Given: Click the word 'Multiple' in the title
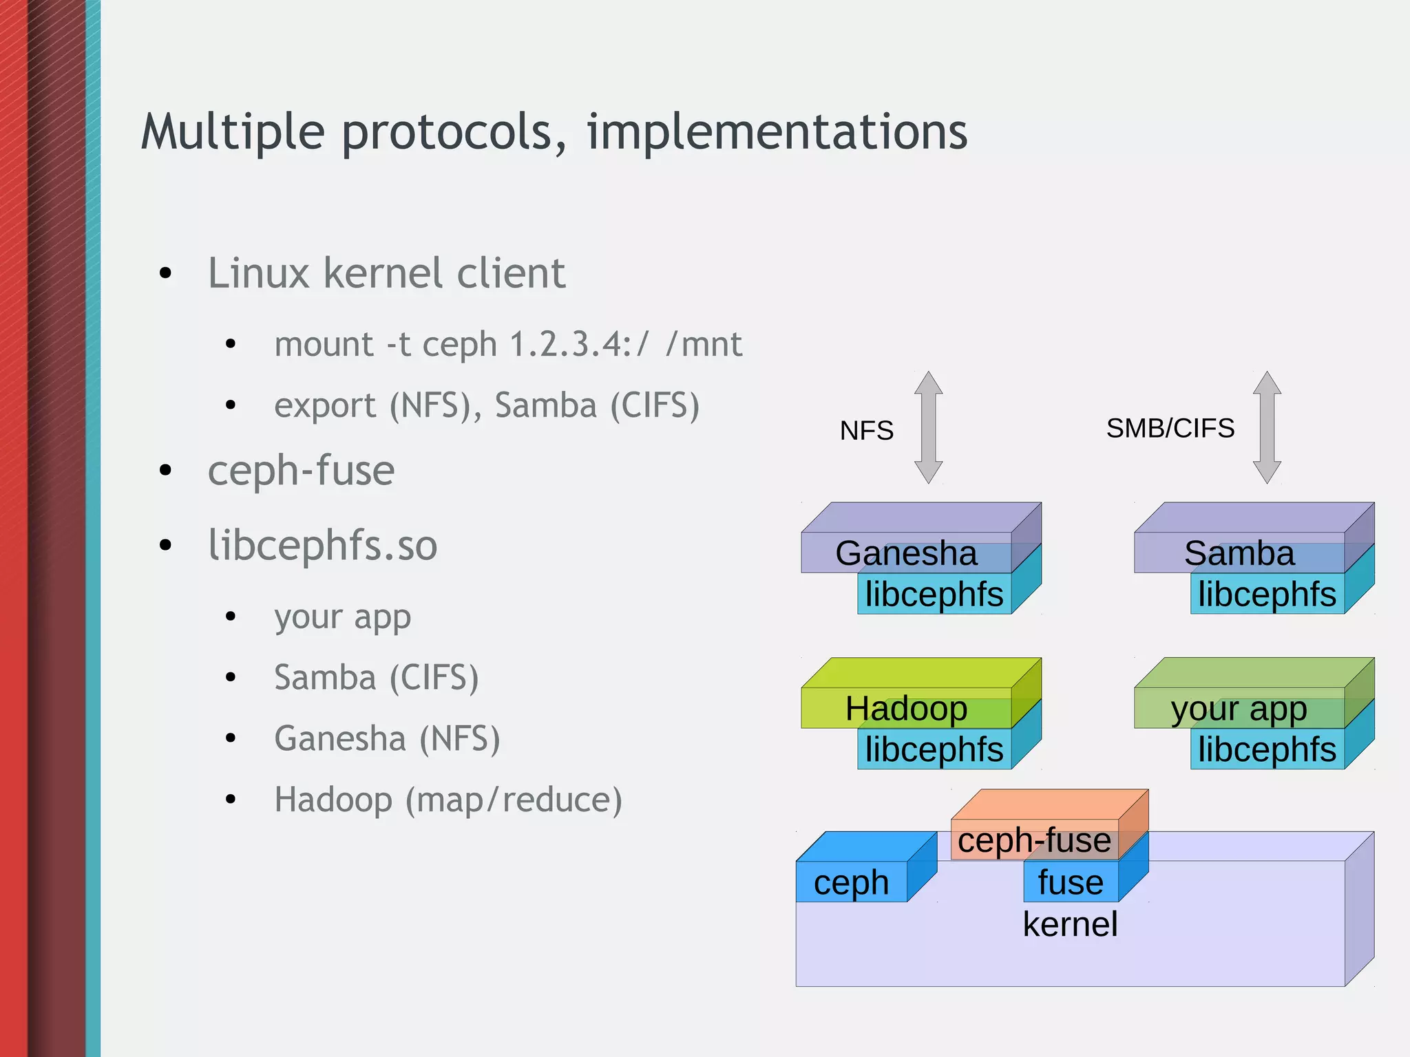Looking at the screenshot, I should coord(233,132).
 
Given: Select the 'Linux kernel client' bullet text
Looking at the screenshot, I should coord(386,273).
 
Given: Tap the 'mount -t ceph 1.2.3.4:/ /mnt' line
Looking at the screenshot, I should coord(507,344).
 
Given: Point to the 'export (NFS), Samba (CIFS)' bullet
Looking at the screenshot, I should coord(486,405).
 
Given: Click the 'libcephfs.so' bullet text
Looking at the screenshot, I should coord(322,546).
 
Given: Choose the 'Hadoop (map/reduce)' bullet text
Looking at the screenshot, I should coord(448,800).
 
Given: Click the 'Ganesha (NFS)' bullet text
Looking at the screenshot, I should coord(387,738).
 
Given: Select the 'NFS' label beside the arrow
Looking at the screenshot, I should coord(866,431).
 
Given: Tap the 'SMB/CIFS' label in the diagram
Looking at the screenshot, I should coord(1170,428).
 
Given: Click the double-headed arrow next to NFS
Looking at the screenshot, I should coord(928,427).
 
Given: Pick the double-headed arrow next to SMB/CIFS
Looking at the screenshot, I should coord(1267,427).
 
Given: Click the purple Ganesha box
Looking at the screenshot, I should coord(905,553).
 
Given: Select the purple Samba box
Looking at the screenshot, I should coord(1239,553).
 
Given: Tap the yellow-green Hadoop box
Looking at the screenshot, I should coord(905,708).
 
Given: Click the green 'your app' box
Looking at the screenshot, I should coord(1239,708).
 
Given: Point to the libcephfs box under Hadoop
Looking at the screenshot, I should coord(934,749).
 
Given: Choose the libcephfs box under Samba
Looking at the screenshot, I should coord(1267,594).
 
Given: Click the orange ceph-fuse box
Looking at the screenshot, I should coord(1034,840).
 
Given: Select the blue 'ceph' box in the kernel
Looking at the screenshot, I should coord(851,882).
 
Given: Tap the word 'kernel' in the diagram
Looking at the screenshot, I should coord(1070,924).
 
